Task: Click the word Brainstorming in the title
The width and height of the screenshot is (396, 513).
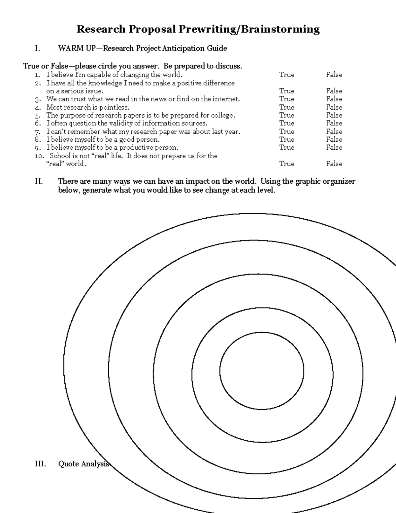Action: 280,30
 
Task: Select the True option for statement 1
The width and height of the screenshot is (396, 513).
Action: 286,75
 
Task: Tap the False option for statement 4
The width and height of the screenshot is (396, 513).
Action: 334,107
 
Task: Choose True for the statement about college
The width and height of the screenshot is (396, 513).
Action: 286,115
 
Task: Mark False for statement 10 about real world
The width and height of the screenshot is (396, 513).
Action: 334,164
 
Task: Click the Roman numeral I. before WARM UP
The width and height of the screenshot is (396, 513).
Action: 37,49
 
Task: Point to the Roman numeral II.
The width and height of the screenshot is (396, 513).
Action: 39,181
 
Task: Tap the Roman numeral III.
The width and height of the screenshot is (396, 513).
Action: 40,464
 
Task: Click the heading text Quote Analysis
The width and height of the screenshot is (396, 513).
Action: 83,464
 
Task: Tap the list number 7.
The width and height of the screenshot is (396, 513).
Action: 38,132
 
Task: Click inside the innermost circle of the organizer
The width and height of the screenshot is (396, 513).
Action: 262,371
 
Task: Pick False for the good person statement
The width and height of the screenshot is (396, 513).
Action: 334,139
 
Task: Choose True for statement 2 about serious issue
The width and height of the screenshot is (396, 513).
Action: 286,91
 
